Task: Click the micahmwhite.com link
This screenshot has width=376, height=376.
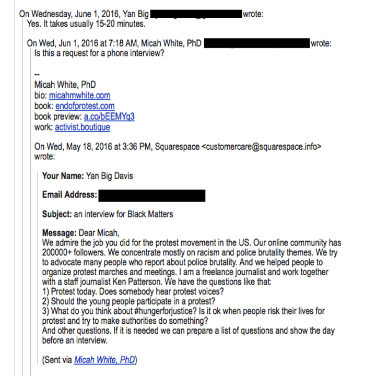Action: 79,96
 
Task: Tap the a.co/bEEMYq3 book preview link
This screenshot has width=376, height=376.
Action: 109,116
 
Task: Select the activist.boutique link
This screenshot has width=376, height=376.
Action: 83,127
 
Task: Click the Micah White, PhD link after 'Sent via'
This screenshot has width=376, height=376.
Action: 104,360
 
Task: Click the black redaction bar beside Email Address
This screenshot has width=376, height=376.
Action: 151,195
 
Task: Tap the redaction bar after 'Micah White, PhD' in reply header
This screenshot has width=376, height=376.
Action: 256,43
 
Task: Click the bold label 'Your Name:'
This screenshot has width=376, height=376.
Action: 63,176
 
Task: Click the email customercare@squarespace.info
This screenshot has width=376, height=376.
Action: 261,147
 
